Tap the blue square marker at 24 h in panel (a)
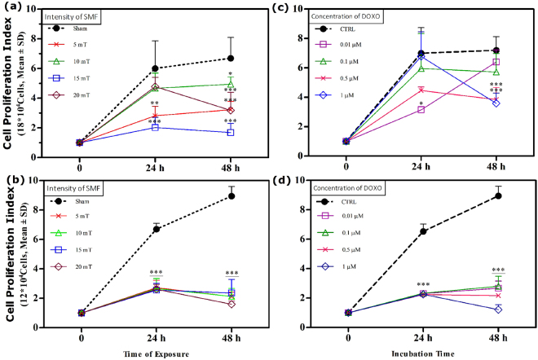(156, 127)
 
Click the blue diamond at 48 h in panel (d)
(496, 310)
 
